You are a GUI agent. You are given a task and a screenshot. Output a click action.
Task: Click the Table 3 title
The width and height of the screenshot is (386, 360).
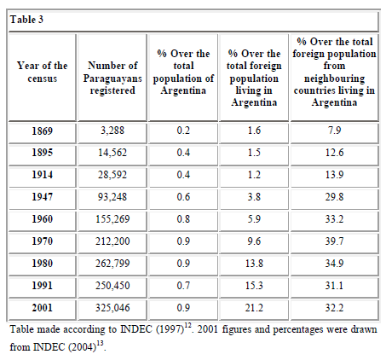pos(26,20)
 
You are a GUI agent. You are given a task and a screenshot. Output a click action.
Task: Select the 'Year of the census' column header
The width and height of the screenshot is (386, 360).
pos(43,72)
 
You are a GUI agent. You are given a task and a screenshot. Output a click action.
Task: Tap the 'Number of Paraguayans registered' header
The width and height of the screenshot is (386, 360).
pos(112,78)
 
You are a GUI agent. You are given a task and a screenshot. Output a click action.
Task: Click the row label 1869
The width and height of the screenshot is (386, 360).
pos(43,131)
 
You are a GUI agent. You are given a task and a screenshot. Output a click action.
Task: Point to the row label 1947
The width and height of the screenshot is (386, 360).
pos(43,197)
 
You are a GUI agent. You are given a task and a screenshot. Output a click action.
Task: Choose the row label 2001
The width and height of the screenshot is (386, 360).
pos(43,308)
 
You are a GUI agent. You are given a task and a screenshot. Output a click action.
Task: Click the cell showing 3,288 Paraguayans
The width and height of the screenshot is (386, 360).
pos(112,131)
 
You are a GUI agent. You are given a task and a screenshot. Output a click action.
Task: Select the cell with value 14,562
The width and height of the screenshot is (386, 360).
pos(112,153)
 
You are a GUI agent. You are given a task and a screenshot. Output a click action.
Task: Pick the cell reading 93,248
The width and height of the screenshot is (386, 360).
pos(112,197)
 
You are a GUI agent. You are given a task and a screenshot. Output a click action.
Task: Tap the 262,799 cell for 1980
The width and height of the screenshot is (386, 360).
pos(112,264)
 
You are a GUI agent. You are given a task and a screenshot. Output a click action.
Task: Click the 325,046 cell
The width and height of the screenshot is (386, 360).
pos(112,308)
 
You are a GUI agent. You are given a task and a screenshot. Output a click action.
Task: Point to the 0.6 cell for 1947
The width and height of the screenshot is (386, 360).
pos(183,197)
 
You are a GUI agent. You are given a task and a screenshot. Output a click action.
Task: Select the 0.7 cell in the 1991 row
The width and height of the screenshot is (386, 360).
pos(183,286)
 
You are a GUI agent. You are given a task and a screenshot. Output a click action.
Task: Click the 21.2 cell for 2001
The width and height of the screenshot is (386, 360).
pos(254,308)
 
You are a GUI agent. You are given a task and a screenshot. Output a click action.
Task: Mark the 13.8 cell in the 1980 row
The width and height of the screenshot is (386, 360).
pos(254,264)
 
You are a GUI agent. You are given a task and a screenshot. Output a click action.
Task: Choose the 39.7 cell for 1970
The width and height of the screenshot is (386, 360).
pos(334,241)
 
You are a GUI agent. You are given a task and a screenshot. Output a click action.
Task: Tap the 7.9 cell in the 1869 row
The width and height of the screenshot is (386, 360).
pos(334,131)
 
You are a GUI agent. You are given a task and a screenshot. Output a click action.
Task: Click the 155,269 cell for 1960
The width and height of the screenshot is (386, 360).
pos(112,219)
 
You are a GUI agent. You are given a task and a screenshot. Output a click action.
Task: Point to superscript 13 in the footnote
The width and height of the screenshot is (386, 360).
pos(100,343)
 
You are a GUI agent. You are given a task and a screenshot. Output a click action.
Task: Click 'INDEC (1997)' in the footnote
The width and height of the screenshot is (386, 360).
pos(153,329)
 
